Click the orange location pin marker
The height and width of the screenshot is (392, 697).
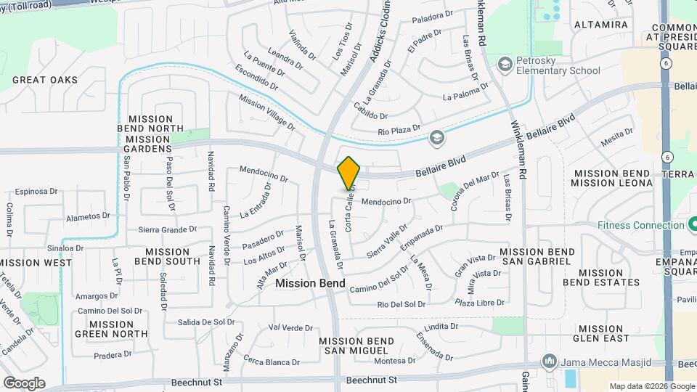348,172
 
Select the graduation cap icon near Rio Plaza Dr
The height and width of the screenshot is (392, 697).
436,136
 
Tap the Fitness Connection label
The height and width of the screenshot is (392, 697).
641,225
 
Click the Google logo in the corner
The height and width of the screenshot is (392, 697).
23,383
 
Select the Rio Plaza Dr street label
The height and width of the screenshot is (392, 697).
399,131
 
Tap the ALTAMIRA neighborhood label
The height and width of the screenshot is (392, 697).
600,25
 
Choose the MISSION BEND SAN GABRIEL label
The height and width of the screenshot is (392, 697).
537,256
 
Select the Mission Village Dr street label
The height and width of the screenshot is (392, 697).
266,113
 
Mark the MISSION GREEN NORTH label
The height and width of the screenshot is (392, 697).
112,330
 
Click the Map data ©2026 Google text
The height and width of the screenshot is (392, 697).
651,386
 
